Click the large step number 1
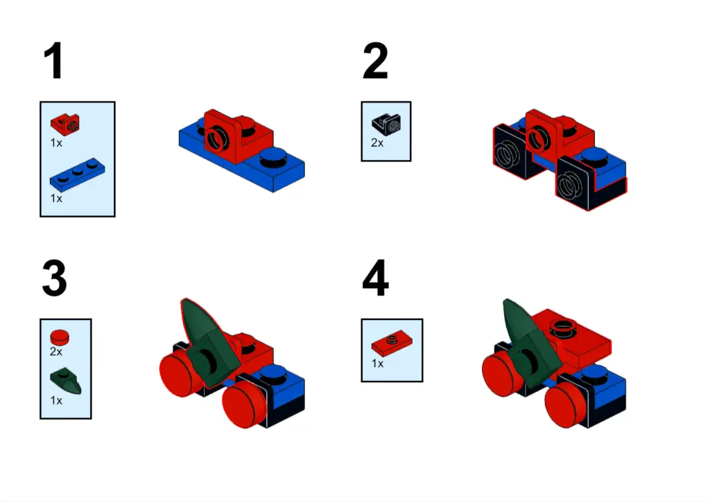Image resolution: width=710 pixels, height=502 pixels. pos(54,61)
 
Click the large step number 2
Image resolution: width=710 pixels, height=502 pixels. pos(375,61)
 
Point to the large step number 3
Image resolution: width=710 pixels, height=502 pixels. pos(55,278)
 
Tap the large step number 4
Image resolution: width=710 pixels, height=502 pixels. pos(376,278)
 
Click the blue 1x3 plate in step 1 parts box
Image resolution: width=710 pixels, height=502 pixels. pos(77,174)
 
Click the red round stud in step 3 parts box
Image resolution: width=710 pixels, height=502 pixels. pos(60,337)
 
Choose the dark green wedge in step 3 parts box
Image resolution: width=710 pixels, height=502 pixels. pos(66,381)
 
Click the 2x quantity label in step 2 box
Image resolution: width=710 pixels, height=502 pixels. pos(377,143)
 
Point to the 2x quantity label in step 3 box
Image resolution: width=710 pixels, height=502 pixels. pos(56,352)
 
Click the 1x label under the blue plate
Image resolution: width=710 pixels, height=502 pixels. pos(56,199)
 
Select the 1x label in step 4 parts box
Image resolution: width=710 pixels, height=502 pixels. pos(377,363)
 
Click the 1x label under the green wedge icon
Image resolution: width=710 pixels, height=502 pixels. pos(56,400)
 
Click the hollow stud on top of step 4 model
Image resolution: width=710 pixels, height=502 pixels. pos(562,327)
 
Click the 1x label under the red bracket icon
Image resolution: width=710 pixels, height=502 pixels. pos(56,143)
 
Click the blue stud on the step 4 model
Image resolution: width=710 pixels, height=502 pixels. pos(595,374)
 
